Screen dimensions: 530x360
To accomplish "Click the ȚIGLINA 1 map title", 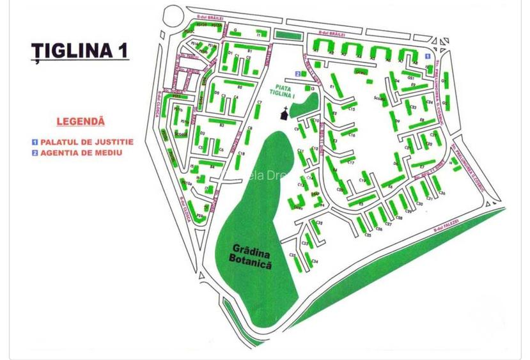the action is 80,51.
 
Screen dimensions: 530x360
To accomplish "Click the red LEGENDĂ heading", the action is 81,121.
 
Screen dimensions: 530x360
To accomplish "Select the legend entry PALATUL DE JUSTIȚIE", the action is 87,142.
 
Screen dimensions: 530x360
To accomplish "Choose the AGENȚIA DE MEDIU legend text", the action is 81,153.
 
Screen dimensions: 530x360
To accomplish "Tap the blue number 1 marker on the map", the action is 436,57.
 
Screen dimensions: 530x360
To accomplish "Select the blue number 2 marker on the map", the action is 297,74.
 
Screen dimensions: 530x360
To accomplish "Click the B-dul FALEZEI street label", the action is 446,224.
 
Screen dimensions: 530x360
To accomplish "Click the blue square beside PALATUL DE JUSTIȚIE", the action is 35,142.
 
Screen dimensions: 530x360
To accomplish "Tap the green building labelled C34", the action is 309,260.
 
